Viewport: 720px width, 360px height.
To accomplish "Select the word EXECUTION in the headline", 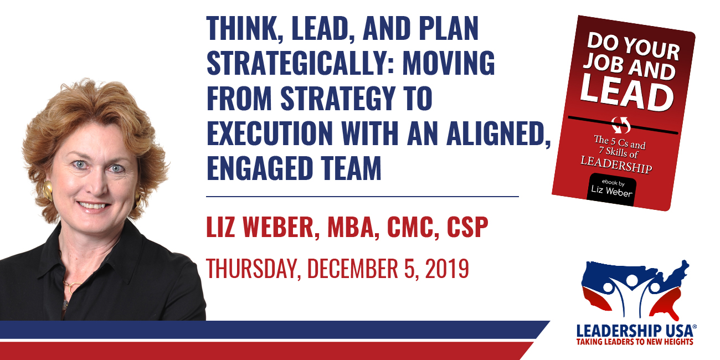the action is (270, 132).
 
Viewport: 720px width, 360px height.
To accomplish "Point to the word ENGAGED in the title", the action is (260, 167).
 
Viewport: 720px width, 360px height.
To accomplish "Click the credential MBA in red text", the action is (351, 227).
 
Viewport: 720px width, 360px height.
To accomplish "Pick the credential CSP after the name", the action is (467, 227).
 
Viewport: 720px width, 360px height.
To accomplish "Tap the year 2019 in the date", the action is (447, 268).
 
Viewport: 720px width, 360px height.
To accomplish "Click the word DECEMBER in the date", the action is (353, 268).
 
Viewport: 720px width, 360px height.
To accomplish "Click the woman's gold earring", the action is (48, 191).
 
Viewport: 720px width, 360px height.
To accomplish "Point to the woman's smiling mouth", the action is (93, 205).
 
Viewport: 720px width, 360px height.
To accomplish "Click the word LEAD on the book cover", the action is (626, 93).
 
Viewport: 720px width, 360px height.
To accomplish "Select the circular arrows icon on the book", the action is (621, 125).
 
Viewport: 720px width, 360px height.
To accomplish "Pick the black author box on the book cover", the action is (611, 189).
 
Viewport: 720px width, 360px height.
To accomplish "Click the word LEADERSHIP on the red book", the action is (616, 164).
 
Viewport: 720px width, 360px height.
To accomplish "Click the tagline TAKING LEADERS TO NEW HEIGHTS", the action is (635, 342).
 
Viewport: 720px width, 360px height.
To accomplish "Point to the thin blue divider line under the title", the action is (362, 197).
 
